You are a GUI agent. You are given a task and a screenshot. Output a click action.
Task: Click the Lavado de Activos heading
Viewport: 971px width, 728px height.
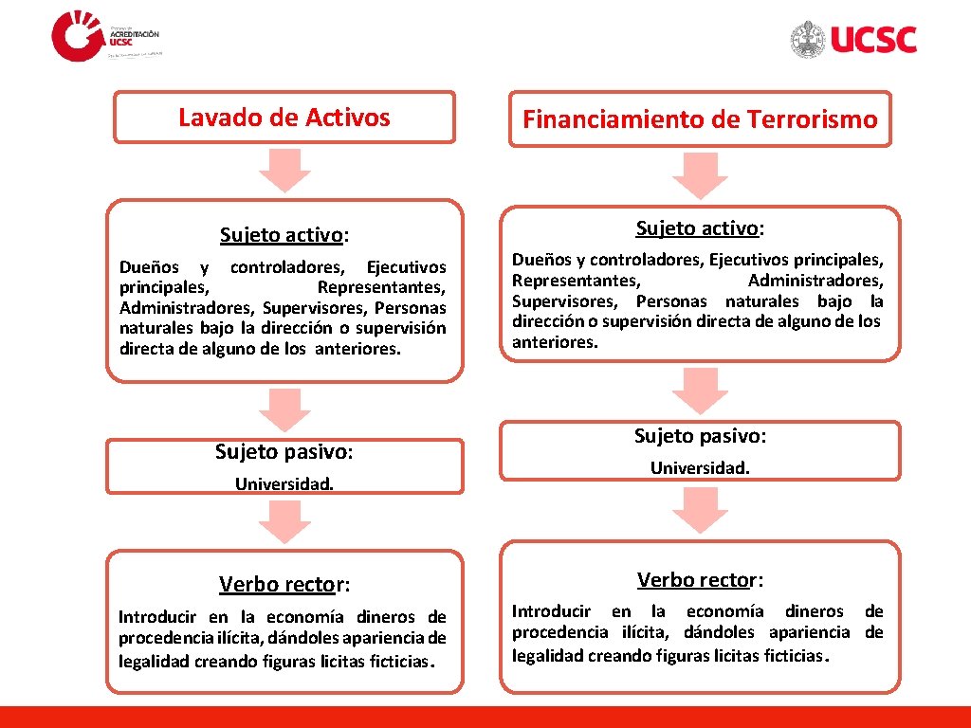coord(284,118)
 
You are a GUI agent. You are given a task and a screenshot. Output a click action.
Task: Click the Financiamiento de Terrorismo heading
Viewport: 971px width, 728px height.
coord(700,119)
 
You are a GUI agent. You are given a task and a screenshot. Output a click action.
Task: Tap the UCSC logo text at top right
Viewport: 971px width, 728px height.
coord(873,40)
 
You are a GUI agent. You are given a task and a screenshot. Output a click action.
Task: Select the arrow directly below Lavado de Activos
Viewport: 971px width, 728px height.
coord(284,169)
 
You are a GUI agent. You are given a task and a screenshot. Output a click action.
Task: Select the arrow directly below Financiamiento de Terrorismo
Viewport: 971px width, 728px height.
coord(700,174)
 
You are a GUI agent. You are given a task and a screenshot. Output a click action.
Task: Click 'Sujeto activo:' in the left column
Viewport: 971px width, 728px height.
coord(284,234)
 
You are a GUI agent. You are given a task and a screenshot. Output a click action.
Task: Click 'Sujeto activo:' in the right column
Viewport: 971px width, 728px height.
coord(700,228)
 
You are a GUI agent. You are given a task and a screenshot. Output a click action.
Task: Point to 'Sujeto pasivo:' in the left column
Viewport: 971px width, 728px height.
coord(284,452)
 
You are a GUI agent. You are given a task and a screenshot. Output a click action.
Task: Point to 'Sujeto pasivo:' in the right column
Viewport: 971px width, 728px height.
coord(700,436)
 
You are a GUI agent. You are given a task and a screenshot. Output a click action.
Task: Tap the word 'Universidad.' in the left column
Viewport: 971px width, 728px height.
coord(284,484)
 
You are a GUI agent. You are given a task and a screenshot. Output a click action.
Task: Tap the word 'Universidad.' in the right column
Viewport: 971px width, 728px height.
coord(700,467)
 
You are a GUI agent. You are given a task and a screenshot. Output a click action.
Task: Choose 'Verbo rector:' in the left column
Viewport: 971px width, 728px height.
coord(284,583)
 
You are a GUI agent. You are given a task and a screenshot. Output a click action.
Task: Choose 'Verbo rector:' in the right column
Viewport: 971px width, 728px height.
coord(700,579)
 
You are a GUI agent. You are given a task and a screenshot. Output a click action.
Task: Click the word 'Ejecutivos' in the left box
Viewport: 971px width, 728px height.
coord(406,267)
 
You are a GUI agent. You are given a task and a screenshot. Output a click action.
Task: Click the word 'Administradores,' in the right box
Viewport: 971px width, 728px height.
coord(815,281)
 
